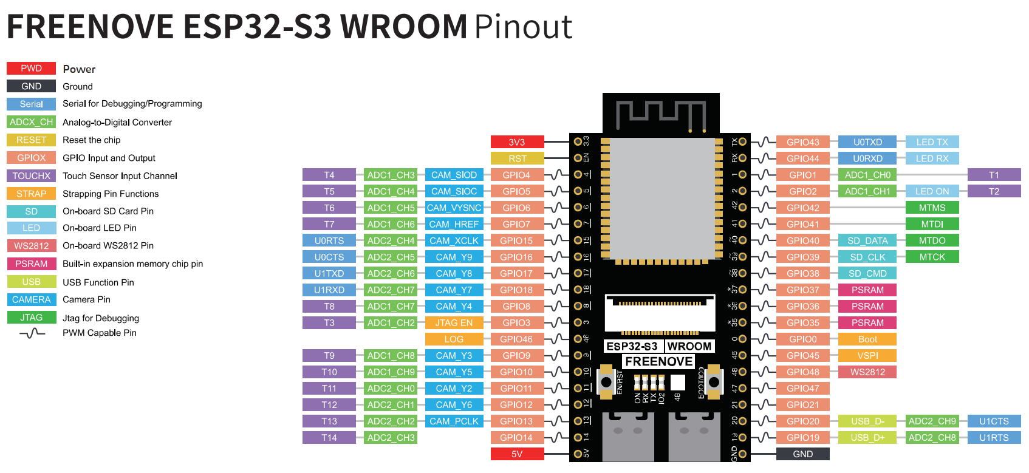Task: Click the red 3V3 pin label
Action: click(517, 142)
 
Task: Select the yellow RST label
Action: click(517, 158)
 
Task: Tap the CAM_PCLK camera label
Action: click(454, 421)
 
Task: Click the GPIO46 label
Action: click(516, 339)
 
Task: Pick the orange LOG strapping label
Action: click(454, 339)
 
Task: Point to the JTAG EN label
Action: click(454, 323)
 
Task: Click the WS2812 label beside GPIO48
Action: click(867, 372)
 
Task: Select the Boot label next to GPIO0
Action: click(867, 339)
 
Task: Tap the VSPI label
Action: click(867, 356)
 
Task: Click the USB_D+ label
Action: click(867, 438)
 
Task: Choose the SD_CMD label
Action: click(867, 274)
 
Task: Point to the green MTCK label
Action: click(932, 257)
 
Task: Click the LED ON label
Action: click(932, 191)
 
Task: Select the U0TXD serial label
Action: click(867, 142)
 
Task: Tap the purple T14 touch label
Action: click(329, 438)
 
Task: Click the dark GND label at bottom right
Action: click(802, 454)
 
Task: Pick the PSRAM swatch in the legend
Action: click(31, 264)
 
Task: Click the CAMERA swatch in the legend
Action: click(31, 300)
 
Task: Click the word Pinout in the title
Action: click(523, 27)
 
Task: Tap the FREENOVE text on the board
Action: click(658, 362)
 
